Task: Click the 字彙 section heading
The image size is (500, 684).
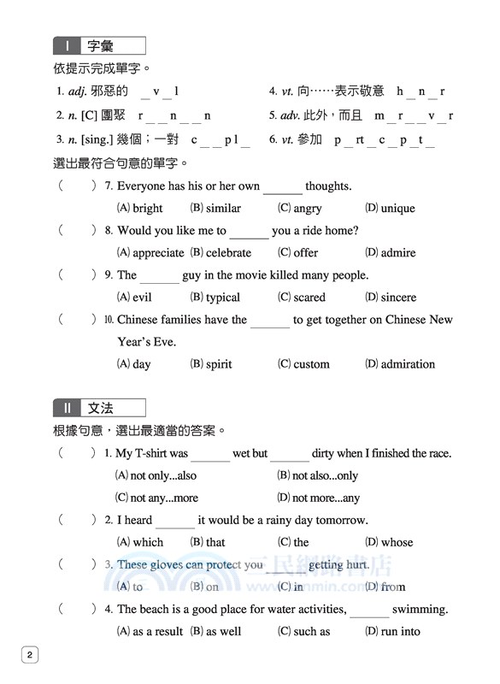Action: pos(100,46)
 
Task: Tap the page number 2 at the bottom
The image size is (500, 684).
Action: pos(29,656)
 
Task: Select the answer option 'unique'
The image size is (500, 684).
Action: pos(397,208)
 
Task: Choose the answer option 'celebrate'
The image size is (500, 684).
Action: pos(228,253)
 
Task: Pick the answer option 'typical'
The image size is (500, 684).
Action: pos(222,298)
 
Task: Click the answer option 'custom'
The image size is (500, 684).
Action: pos(311,364)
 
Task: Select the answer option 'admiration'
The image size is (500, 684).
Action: pos(408,364)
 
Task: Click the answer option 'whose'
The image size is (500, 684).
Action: pos(397,542)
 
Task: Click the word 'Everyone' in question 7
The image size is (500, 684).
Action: pos(143,186)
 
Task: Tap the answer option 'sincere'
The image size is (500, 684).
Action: pos(398,298)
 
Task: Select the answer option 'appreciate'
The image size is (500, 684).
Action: pos(157,253)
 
